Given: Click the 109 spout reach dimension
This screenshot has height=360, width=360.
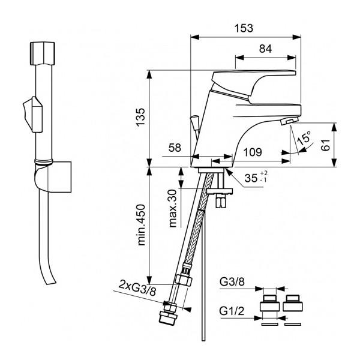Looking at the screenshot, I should pos(253,153).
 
